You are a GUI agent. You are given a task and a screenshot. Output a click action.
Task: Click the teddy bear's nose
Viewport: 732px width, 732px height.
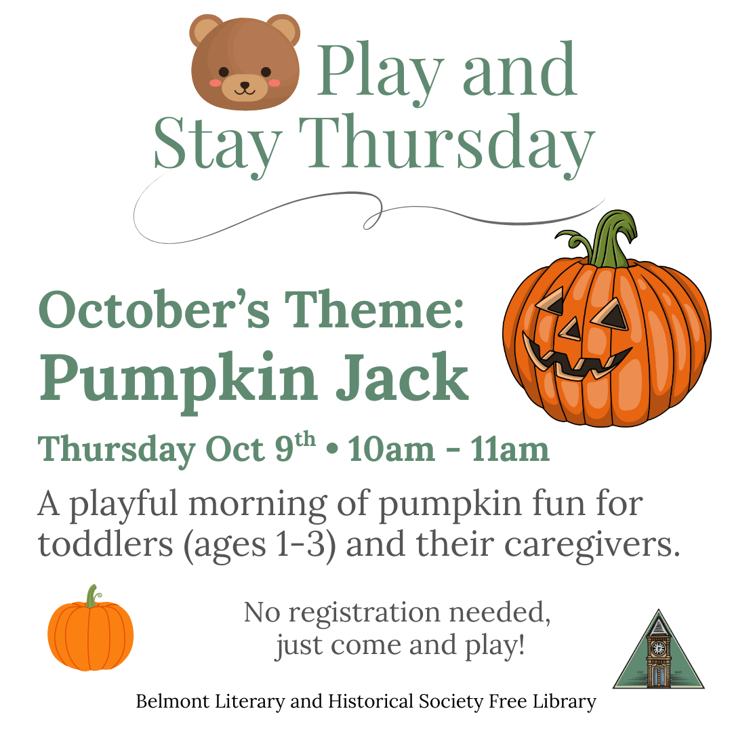[x=245, y=85]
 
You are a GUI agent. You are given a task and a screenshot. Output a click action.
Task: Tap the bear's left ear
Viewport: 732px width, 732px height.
[x=205, y=30]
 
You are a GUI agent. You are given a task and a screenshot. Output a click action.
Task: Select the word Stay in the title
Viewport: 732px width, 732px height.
[x=218, y=145]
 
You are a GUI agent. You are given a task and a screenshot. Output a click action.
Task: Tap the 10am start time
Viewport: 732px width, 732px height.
[x=391, y=449]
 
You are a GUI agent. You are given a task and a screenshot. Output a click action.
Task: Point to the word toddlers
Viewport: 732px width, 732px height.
[x=106, y=544]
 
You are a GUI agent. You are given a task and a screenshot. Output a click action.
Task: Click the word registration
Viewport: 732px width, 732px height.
[x=365, y=613]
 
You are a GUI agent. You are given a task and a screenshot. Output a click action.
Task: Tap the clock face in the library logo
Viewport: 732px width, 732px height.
[x=658, y=648]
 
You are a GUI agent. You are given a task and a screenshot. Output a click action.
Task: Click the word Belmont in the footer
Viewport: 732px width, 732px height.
[x=173, y=701]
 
